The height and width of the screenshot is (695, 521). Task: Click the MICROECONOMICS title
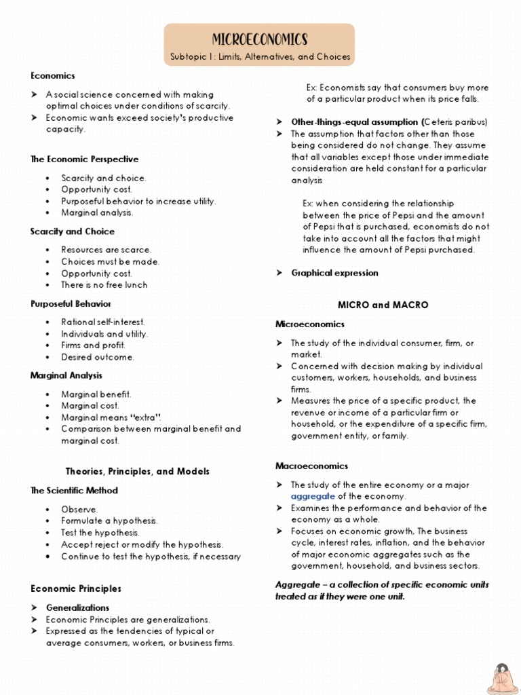[260, 39]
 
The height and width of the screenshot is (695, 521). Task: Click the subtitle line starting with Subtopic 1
[260, 57]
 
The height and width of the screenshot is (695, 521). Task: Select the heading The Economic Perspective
[84, 159]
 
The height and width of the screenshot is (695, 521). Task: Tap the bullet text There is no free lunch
[104, 285]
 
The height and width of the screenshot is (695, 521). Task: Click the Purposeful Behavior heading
[71, 304]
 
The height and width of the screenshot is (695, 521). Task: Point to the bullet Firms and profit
[93, 345]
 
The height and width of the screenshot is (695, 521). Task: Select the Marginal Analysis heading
[66, 375]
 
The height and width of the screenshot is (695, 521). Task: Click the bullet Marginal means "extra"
[111, 417]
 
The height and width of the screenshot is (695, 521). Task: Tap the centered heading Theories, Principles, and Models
[137, 471]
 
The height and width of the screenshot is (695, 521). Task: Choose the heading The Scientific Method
[74, 491]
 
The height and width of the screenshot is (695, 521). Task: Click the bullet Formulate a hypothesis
[109, 521]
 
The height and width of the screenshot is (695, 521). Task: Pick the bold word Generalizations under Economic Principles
[77, 608]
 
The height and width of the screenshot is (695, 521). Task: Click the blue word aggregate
[313, 496]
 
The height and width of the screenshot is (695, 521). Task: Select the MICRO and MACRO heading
[383, 305]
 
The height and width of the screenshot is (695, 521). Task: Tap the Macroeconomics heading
[311, 466]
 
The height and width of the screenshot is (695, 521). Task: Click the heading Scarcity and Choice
[72, 231]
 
